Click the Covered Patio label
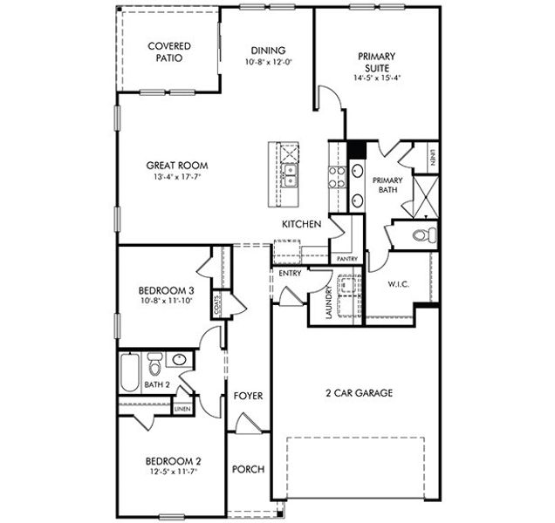tap(168, 51)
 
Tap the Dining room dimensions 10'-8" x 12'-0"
tap(268, 63)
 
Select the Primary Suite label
tap(377, 61)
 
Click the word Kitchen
tap(302, 225)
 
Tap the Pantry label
tap(345, 259)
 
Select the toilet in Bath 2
tap(155, 361)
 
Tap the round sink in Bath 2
tap(180, 359)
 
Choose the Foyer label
tap(249, 397)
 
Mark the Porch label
tap(249, 470)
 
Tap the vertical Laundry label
tap(328, 302)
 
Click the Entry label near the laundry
tap(289, 274)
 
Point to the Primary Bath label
tap(387, 186)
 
